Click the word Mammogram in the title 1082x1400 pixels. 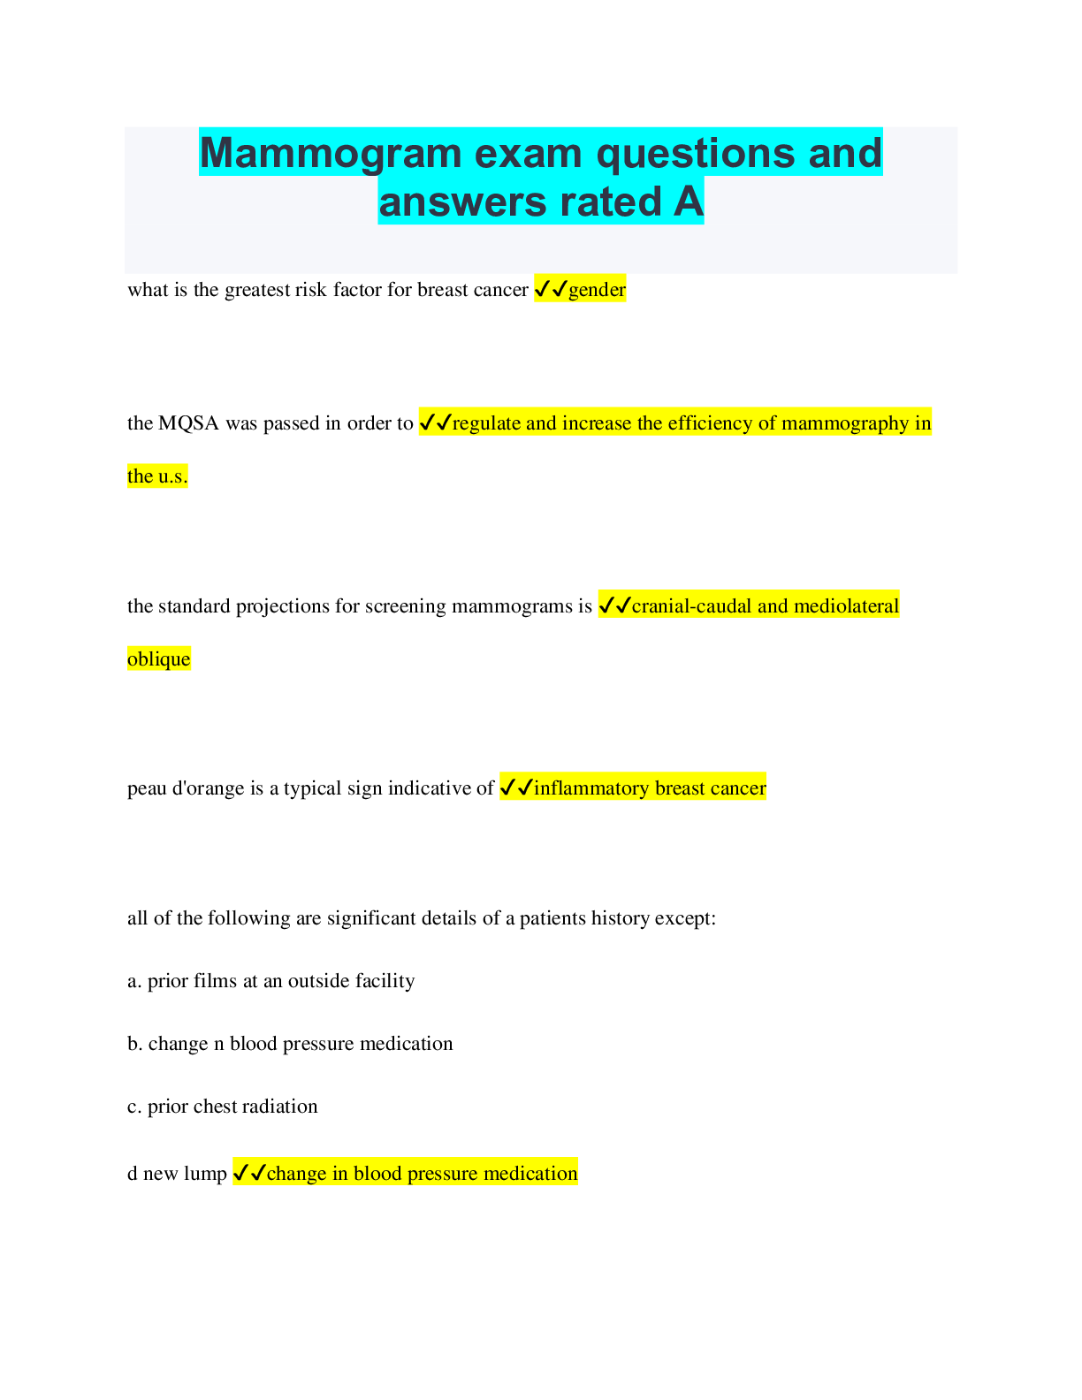pyautogui.click(x=331, y=154)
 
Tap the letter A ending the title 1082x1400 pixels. pyautogui.click(x=689, y=202)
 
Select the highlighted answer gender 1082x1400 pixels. pyautogui.click(x=597, y=290)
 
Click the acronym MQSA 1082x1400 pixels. pyautogui.click(x=189, y=423)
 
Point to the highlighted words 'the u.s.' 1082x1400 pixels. pyautogui.click(x=157, y=476)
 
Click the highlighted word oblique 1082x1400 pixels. pyautogui.click(x=158, y=659)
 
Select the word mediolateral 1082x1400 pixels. pyautogui.click(x=846, y=606)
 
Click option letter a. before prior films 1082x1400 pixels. pyautogui.click(x=134, y=981)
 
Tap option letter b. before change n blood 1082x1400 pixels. pyautogui.click(x=134, y=1044)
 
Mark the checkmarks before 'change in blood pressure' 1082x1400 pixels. pyautogui.click(x=249, y=1173)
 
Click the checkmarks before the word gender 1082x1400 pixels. pyautogui.click(x=551, y=289)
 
